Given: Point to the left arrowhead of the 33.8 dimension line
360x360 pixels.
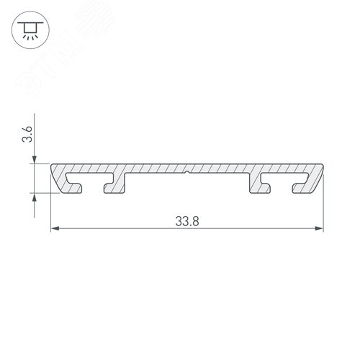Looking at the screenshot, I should [x=55, y=230].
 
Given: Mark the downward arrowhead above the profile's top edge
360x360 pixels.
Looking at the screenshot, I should [x=34, y=160].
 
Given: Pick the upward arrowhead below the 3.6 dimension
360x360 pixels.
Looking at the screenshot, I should [x=34, y=199].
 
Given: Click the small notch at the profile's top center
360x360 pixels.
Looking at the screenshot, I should [x=186, y=173].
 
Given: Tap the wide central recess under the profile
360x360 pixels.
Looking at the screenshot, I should [x=186, y=186].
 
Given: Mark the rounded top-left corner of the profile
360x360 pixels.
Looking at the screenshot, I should [x=53, y=168].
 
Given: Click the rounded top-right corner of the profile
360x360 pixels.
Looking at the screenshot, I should [x=320, y=168].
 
